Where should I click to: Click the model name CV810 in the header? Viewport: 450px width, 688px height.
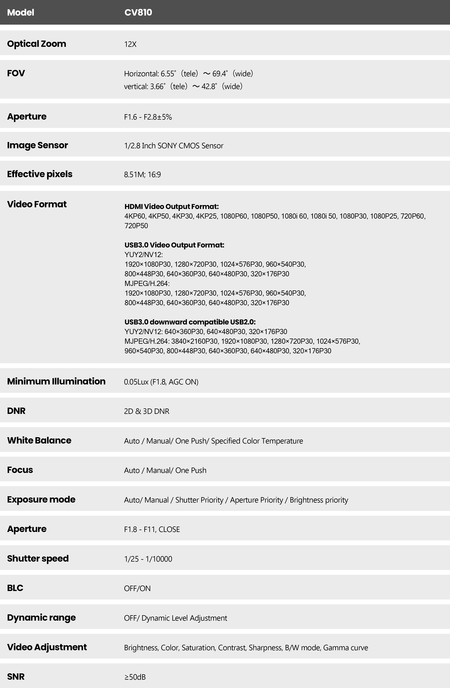click(x=138, y=12)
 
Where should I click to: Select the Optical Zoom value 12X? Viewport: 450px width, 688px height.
click(x=130, y=44)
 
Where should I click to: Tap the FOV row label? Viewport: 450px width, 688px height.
click(x=16, y=73)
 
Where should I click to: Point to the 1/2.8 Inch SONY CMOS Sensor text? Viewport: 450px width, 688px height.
click(x=174, y=146)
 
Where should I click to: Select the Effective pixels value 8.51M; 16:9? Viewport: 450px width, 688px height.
click(x=142, y=175)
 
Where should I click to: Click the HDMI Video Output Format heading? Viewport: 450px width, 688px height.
click(x=171, y=206)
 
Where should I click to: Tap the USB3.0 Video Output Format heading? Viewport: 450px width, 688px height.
click(x=174, y=245)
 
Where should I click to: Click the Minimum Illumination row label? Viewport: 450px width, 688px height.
click(x=56, y=381)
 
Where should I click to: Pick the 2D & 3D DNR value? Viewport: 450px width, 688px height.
click(x=146, y=411)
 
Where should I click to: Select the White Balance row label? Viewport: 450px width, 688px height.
click(x=39, y=440)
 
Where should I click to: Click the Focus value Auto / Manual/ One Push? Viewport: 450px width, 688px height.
click(x=165, y=470)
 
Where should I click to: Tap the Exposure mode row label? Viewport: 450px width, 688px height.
click(x=41, y=500)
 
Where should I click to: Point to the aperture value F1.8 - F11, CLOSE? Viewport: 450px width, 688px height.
click(x=152, y=529)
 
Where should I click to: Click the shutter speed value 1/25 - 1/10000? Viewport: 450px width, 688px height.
click(x=148, y=559)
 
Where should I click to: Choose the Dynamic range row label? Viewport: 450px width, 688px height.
click(x=41, y=617)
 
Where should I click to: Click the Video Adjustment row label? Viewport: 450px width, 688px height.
click(x=47, y=647)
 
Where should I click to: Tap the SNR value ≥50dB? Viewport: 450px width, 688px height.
click(x=135, y=677)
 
